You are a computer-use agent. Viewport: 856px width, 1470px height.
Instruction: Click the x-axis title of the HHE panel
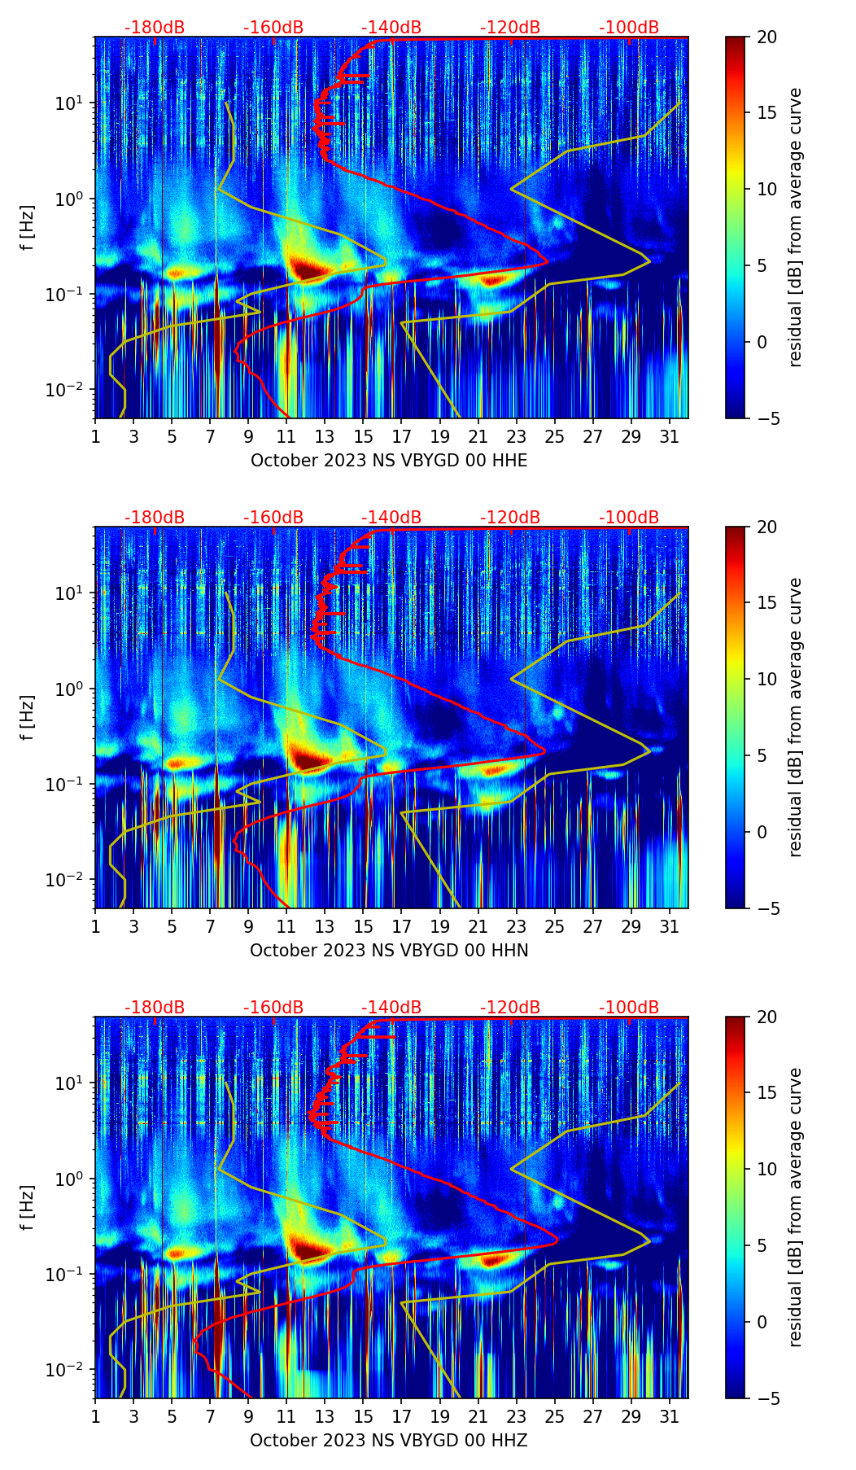point(389,461)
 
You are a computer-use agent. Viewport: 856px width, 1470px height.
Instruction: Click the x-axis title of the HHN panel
point(389,951)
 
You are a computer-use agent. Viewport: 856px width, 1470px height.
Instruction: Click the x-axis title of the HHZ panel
point(389,1441)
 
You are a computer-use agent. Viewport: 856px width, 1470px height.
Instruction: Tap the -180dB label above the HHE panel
point(155,28)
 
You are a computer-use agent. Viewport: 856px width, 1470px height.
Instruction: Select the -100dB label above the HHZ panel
point(629,1008)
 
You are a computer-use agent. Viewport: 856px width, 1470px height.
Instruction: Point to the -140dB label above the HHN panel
point(391,518)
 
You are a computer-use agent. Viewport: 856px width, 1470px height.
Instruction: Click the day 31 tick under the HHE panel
point(670,436)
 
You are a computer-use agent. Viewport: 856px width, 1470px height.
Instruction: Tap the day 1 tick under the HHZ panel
point(96,1416)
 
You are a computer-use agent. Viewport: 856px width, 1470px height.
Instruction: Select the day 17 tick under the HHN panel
point(402,926)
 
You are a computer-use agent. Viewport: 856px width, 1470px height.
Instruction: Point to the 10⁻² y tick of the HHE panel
point(71,390)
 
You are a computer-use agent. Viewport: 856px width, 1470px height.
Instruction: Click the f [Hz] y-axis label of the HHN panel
point(28,717)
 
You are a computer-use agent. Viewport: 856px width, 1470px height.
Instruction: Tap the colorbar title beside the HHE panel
point(795,227)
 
